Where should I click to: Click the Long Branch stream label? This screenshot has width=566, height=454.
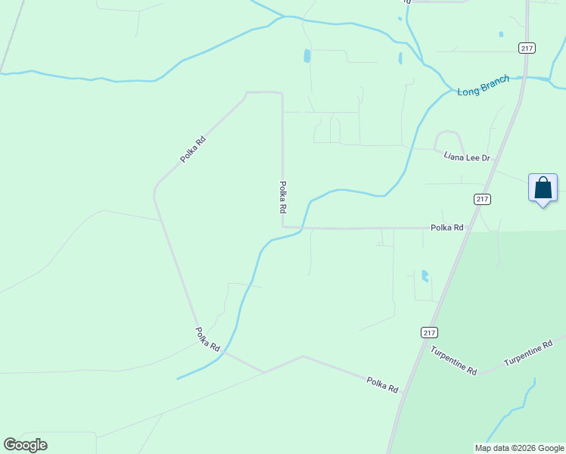(x=484, y=85)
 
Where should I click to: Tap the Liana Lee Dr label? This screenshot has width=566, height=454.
(x=467, y=157)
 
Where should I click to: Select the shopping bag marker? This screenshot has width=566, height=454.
(x=543, y=188)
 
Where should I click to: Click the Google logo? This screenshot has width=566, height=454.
(x=25, y=445)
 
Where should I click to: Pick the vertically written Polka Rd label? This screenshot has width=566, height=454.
(x=282, y=196)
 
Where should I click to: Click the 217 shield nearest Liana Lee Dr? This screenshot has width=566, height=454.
(x=483, y=199)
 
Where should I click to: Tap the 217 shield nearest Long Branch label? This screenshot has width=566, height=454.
(x=527, y=48)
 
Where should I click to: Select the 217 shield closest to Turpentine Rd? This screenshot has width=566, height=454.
(x=429, y=332)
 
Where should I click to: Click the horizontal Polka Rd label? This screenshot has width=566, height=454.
(x=446, y=227)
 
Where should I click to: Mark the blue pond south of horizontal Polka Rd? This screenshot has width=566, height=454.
(x=424, y=276)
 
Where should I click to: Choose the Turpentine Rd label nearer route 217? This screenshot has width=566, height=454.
(x=454, y=360)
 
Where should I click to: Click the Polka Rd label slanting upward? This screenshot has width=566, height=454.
(x=193, y=149)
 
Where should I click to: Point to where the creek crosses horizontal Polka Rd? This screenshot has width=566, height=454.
(x=303, y=227)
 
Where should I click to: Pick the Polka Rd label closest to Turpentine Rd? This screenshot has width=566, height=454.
(x=382, y=384)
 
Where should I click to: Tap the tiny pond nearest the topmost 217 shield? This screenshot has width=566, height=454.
(x=501, y=34)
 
